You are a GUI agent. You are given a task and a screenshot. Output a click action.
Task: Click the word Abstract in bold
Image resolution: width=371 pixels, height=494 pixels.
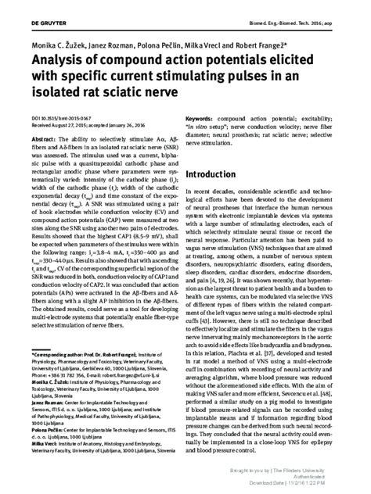click(41, 138)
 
